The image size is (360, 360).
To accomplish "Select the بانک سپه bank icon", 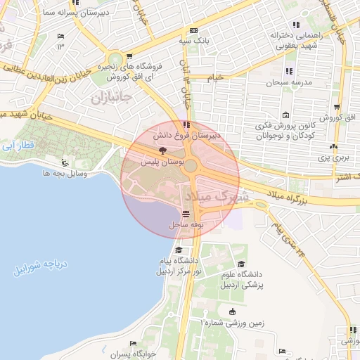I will tap(193, 31).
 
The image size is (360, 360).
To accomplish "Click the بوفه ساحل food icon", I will tap(185, 214).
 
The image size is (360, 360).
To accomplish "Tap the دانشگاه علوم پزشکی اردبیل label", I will tap(269, 281).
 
